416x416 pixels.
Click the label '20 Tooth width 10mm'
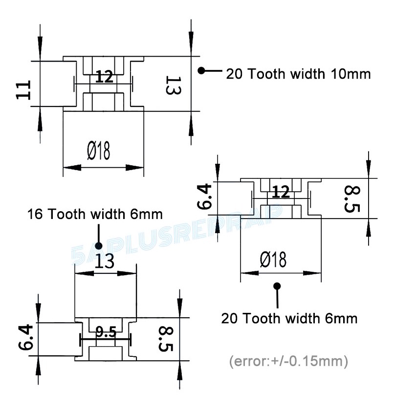click(x=298, y=74)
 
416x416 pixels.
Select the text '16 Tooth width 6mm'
click(x=95, y=214)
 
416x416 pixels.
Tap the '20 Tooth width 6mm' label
click(x=289, y=318)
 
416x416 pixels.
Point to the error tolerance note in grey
click(x=288, y=361)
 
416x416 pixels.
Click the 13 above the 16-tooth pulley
click(x=104, y=262)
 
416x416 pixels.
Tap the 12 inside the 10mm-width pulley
click(x=105, y=77)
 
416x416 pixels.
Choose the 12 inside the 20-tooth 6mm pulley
click(x=281, y=192)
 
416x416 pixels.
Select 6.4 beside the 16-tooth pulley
click(x=25, y=338)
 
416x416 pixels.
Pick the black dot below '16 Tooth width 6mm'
click(x=98, y=245)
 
